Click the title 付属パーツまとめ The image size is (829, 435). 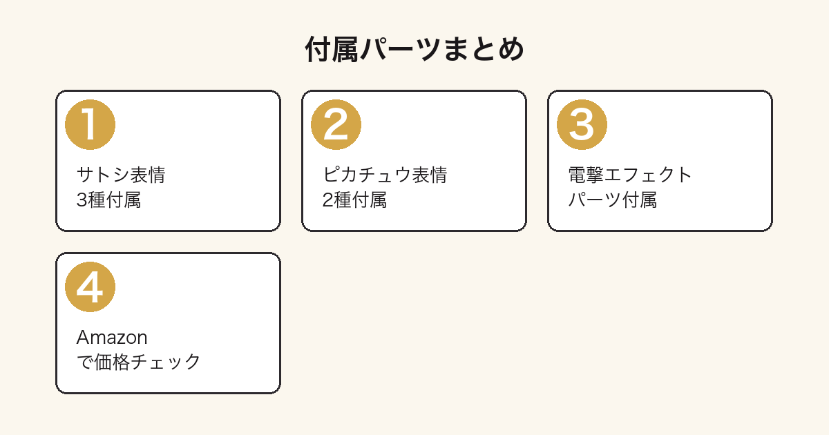pyautogui.click(x=414, y=49)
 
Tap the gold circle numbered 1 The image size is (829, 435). pyautogui.click(x=90, y=125)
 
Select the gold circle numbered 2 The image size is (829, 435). pyautogui.click(x=336, y=125)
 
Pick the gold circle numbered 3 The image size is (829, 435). pyautogui.click(x=582, y=125)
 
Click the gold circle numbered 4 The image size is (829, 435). pyautogui.click(x=90, y=287)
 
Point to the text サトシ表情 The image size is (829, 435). pyautogui.click(x=121, y=175)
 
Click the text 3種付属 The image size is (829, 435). pyautogui.click(x=108, y=200)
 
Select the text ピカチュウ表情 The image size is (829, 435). pyautogui.click(x=385, y=175)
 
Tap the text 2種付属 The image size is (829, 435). pyautogui.click(x=354, y=200)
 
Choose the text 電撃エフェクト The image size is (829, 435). pyautogui.click(x=630, y=175)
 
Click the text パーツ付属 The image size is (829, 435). pyautogui.click(x=613, y=200)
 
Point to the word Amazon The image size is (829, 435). pyautogui.click(x=112, y=338)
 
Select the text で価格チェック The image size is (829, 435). pyautogui.click(x=138, y=362)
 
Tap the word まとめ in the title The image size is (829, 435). pyautogui.click(x=484, y=49)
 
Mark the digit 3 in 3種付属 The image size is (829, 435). pyautogui.click(x=82, y=200)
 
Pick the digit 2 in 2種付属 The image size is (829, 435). pyautogui.click(x=327, y=200)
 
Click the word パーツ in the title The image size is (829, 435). pyautogui.click(x=401, y=49)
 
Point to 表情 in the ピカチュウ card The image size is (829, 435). pyautogui.click(x=430, y=175)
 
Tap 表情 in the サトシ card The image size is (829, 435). pyautogui.click(x=148, y=175)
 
